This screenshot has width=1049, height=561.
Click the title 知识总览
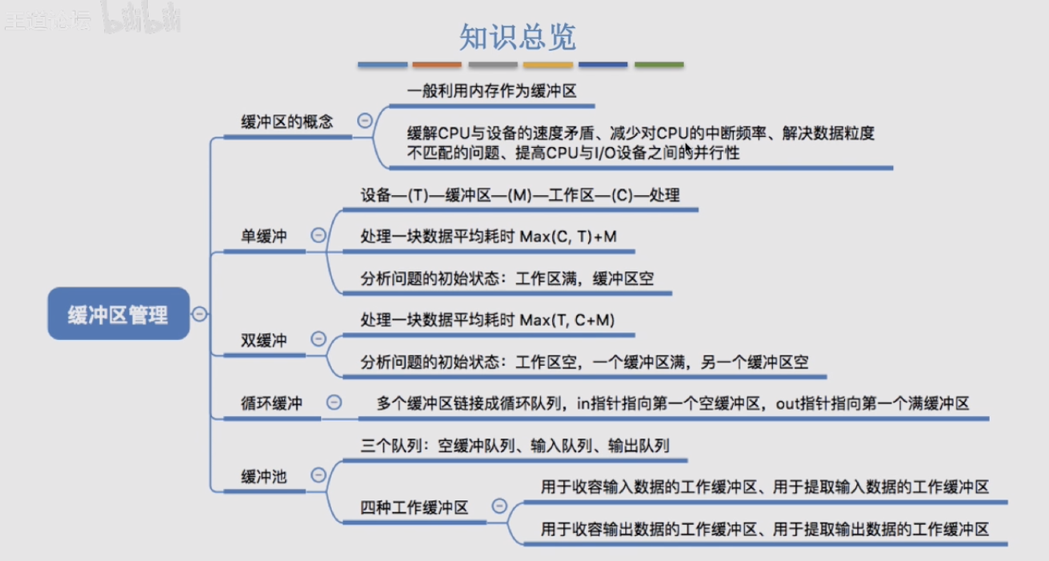pyautogui.click(x=518, y=37)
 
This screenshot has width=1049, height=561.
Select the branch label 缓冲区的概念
pyautogui.click(x=287, y=122)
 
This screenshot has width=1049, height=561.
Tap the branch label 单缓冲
pyautogui.click(x=264, y=236)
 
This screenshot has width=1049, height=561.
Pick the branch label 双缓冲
pyautogui.click(x=264, y=340)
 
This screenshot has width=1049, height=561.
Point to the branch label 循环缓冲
pyautogui.click(x=271, y=403)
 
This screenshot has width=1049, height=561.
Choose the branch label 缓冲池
pyautogui.click(x=264, y=476)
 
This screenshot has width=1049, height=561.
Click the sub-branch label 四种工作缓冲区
pyautogui.click(x=414, y=507)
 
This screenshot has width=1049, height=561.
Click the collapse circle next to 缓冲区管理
pyautogui.click(x=199, y=314)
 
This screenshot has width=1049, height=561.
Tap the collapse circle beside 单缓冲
pyautogui.click(x=318, y=234)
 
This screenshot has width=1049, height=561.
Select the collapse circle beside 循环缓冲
pyautogui.click(x=334, y=402)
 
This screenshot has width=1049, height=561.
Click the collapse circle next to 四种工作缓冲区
pyautogui.click(x=499, y=506)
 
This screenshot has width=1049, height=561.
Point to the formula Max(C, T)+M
pyautogui.click(x=568, y=236)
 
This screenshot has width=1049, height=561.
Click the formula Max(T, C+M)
pyautogui.click(x=567, y=320)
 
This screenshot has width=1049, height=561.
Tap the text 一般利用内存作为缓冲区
pyautogui.click(x=492, y=90)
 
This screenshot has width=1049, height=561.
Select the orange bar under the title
pyautogui.click(x=437, y=65)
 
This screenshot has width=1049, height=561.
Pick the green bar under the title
pyautogui.click(x=659, y=65)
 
